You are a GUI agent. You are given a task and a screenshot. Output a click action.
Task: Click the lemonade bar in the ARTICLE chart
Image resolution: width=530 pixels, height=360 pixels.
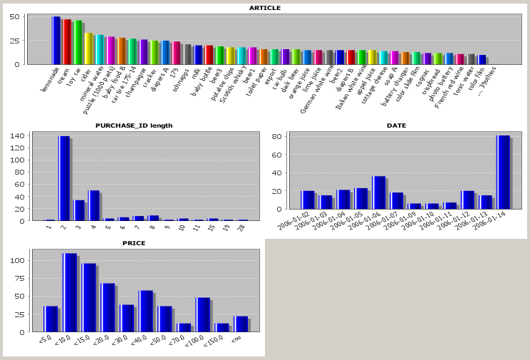[x=56, y=40]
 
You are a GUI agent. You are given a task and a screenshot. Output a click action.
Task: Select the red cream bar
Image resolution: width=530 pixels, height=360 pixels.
[x=67, y=41]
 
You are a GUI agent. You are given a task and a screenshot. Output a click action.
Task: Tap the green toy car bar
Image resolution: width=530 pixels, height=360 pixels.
[x=78, y=42]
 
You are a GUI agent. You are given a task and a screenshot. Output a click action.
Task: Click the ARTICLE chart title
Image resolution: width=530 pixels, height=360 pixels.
[x=264, y=8]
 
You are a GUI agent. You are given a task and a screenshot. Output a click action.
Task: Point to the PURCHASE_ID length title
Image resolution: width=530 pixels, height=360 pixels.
[x=134, y=125]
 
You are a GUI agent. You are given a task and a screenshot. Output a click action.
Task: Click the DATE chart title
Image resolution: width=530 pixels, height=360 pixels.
[x=396, y=125]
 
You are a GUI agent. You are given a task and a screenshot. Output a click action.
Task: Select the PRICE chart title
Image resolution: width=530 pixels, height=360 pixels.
[x=134, y=243]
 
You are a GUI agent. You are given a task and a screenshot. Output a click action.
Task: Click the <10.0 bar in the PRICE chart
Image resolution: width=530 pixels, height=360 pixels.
[x=70, y=292]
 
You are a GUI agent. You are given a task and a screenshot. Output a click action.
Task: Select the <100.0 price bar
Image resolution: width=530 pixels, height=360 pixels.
[x=203, y=314]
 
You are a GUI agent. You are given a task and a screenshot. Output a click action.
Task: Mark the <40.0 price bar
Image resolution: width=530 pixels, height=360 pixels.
[x=146, y=311]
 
